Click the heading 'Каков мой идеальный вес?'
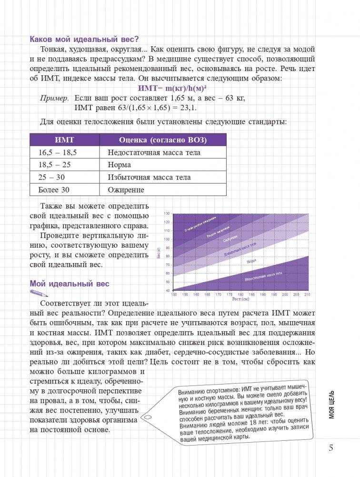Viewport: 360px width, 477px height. click(x=87, y=39)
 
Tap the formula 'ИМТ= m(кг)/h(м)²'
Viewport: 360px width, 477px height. click(x=175, y=89)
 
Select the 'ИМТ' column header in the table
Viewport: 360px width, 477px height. click(x=64, y=140)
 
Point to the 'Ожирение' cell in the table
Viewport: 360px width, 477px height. click(x=126, y=190)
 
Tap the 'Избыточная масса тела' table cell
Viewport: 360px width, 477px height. click(x=149, y=177)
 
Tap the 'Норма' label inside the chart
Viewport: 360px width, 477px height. click(x=251, y=261)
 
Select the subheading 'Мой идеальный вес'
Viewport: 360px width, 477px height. click(x=70, y=284)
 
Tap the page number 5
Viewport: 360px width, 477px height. click(x=331, y=448)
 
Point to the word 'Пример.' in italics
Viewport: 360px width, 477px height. click(x=54, y=98)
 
